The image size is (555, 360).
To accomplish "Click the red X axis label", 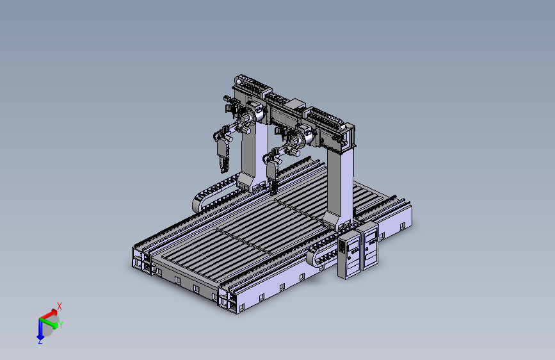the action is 60,306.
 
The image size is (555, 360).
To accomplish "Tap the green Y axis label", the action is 61,325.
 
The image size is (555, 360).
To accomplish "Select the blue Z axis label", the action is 40,341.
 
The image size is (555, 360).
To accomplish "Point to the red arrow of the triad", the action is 49,315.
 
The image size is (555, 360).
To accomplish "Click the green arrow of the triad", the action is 49,323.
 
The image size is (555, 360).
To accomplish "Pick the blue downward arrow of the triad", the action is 40,329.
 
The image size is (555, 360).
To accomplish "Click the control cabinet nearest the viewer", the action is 349,255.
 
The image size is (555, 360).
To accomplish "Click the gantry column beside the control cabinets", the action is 340,188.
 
